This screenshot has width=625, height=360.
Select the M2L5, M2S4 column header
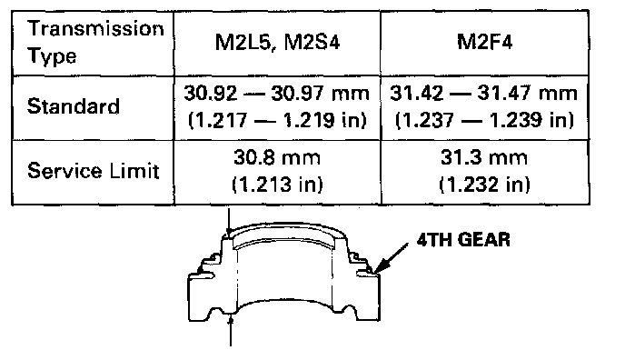coord(277,42)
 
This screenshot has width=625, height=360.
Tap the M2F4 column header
coord(485,42)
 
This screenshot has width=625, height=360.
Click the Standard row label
coord(74,106)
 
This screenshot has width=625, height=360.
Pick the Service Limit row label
coord(94,171)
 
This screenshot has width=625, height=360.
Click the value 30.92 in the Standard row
coord(210,94)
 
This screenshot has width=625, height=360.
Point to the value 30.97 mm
coord(320,94)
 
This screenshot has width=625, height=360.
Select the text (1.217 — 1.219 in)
coord(277,120)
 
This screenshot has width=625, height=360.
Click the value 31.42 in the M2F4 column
coord(416,94)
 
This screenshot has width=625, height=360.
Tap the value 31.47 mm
coord(527,94)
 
